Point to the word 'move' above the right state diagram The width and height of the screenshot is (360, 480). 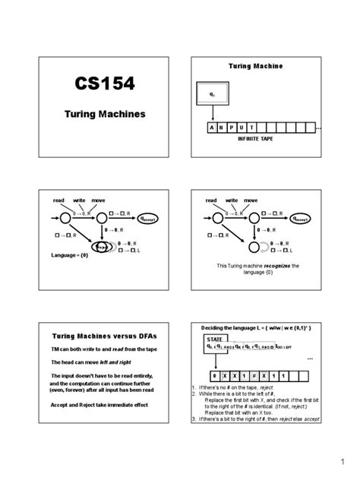pos(251,201)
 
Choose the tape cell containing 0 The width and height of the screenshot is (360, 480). pos(216,376)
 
